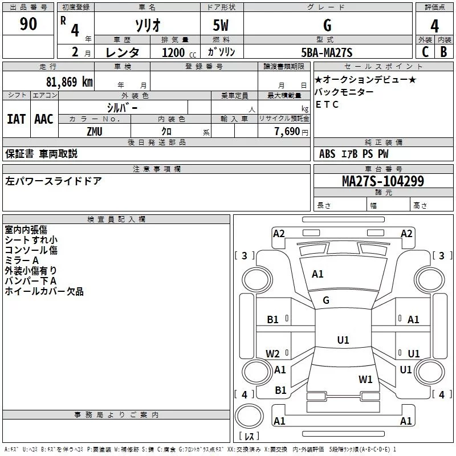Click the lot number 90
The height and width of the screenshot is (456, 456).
28,25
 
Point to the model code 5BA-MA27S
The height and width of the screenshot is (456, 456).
327,53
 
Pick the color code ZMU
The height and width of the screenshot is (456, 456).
94,131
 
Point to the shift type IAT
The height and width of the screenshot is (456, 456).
16,119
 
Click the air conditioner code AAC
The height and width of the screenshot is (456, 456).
43,119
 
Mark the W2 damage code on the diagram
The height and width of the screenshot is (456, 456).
273,353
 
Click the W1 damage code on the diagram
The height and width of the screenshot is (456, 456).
365,379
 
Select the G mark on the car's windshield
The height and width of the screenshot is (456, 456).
326,300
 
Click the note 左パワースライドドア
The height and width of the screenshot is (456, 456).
54,181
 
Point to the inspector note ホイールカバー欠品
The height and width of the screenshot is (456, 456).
44,291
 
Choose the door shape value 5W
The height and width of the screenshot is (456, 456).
221,26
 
